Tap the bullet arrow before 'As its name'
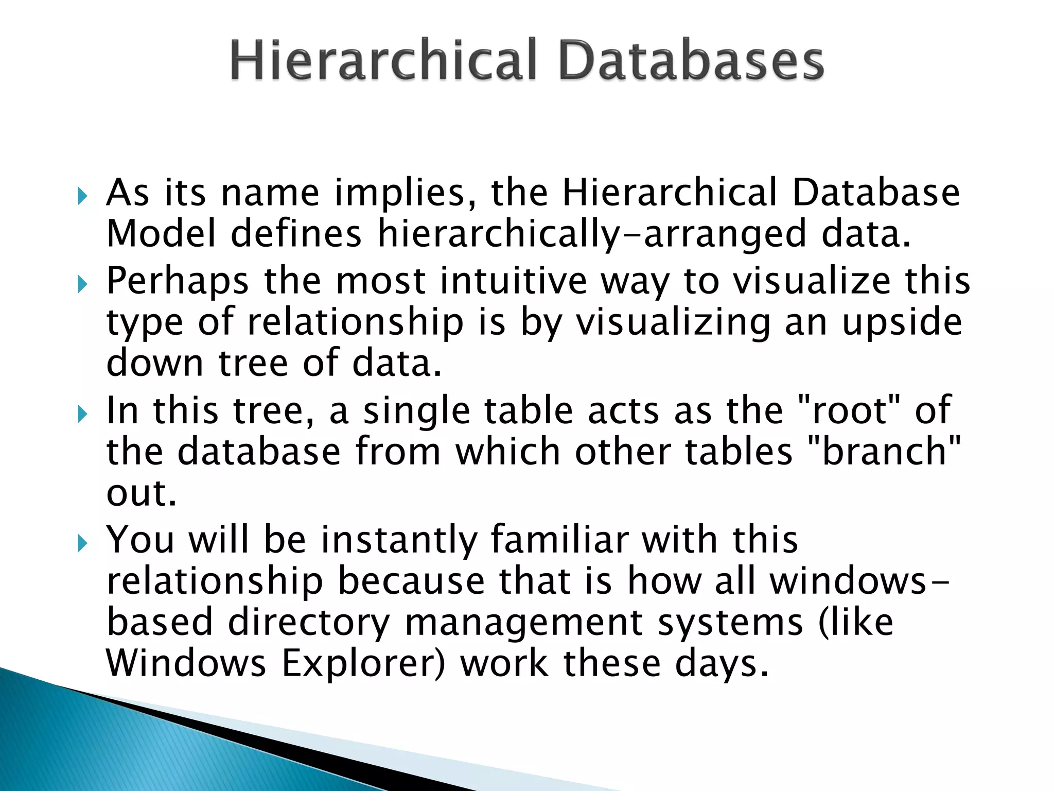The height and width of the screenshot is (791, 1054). (x=83, y=196)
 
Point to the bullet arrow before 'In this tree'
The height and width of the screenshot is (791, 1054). (x=83, y=414)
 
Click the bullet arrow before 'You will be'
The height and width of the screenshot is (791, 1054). (x=83, y=543)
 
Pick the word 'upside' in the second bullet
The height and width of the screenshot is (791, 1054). (x=902, y=323)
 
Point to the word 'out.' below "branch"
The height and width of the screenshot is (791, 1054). (x=142, y=493)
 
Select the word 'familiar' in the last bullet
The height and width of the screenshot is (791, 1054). (x=560, y=540)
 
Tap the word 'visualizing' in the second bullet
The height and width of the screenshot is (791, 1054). (x=673, y=323)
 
